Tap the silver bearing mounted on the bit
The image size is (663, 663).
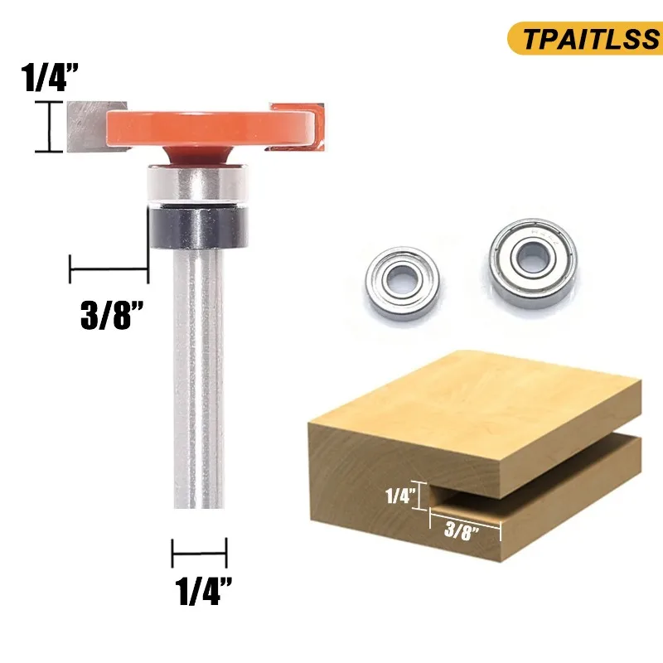(199, 183)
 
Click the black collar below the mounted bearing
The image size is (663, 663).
(199, 225)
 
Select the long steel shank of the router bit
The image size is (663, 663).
(200, 373)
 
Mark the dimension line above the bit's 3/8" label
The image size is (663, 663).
(109, 269)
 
